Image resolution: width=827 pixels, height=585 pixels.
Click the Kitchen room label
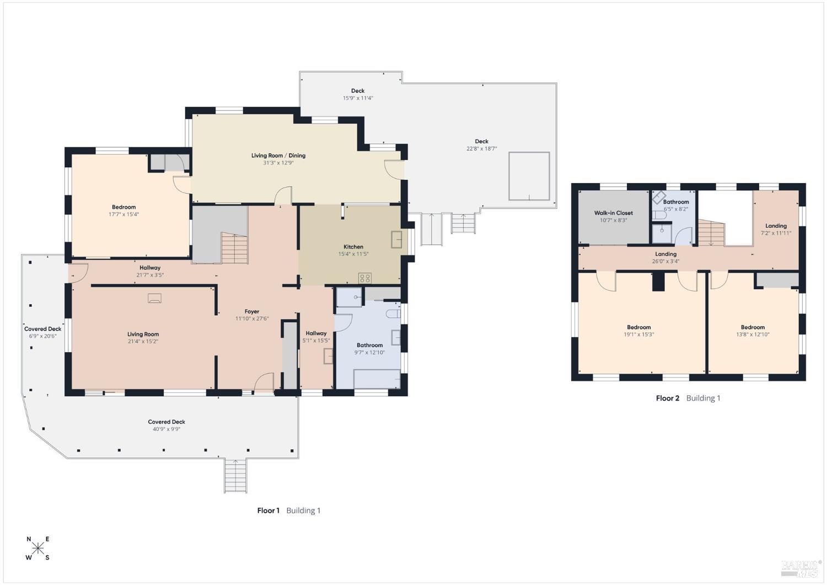353,247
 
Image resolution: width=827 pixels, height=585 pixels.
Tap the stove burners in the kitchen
365,278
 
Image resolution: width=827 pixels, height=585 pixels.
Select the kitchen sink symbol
396,240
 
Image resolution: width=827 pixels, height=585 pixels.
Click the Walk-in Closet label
613,213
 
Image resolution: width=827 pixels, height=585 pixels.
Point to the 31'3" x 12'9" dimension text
278,163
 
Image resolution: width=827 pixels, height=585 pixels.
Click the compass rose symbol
38,548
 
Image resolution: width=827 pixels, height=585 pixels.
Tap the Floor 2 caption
668,398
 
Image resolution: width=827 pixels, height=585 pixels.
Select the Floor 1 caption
268,510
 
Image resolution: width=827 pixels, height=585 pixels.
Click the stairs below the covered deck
235,476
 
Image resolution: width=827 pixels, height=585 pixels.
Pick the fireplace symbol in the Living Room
154,298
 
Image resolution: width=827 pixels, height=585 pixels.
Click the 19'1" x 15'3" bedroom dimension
638,334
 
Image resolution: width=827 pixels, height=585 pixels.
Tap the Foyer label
252,311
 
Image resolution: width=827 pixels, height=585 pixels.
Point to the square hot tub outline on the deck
529,176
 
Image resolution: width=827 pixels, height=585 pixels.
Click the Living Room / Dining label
278,155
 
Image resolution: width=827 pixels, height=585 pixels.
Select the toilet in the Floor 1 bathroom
393,314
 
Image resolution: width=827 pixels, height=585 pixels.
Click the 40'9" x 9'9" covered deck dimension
167,429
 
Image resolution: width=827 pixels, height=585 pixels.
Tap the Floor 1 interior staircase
234,248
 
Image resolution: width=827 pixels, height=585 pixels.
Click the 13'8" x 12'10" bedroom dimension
753,334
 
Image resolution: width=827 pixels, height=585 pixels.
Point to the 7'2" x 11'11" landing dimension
776,233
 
